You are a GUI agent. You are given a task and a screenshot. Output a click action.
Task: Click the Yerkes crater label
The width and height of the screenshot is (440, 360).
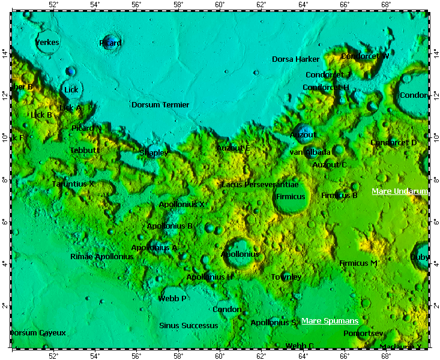tap(47, 43)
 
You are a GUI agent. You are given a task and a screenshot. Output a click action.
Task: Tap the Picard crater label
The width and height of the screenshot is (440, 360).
tap(110, 43)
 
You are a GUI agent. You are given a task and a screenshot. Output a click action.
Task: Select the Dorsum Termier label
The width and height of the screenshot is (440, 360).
tap(160, 105)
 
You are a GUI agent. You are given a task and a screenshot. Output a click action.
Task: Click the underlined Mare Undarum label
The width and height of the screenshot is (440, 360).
tap(399, 191)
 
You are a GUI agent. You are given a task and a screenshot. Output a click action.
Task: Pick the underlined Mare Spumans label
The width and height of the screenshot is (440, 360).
tap(330, 321)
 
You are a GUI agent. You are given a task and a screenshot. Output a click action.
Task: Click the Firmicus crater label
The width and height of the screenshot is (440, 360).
tap(291, 197)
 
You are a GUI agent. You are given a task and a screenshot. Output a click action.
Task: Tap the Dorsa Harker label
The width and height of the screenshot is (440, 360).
tap(295, 59)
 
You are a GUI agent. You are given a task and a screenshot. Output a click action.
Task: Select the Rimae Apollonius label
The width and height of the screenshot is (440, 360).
tap(102, 257)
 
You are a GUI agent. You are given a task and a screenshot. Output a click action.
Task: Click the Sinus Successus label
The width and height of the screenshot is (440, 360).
tap(188, 326)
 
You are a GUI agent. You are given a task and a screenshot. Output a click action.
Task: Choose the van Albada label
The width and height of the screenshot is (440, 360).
tap(310, 152)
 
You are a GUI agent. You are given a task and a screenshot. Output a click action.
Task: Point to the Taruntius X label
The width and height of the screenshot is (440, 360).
tap(73, 184)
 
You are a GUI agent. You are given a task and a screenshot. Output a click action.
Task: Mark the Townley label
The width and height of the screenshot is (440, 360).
tap(286, 277)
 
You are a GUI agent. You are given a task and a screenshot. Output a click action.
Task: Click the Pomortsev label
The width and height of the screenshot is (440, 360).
tap(363, 333)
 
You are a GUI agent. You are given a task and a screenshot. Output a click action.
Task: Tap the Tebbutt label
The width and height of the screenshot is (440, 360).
tap(85, 151)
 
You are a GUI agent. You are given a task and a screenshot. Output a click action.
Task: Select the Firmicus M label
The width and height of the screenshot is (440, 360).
tap(358, 263)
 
